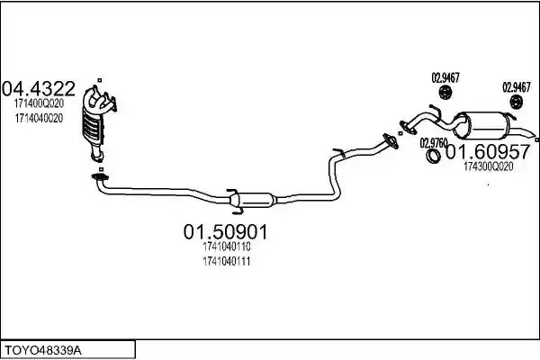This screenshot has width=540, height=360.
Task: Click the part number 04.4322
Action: [x=38, y=88]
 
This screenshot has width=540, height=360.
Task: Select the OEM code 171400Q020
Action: [x=39, y=103]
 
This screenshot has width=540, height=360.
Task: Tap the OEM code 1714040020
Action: [x=39, y=118]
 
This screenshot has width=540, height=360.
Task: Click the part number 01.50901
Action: [x=225, y=232]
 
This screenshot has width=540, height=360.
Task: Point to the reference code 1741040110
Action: [x=227, y=247]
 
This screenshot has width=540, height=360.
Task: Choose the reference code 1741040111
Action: [x=227, y=262]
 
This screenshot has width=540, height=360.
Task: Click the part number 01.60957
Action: [x=488, y=151]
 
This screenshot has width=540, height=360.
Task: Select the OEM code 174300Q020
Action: [x=489, y=166]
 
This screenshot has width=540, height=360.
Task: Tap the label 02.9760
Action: [x=433, y=143]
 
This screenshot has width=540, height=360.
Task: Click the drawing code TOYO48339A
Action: [x=43, y=351]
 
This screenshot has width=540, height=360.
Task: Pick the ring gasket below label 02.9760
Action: [x=433, y=156]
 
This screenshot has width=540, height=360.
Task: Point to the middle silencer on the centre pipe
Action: [x=254, y=199]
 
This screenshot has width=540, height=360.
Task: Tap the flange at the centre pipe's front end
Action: [x=100, y=177]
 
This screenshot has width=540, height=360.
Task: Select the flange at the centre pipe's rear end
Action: [x=391, y=141]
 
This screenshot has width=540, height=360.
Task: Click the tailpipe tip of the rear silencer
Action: [x=533, y=135]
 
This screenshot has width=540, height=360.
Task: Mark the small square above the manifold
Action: [x=100, y=80]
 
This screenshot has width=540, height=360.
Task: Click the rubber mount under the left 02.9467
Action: [x=445, y=93]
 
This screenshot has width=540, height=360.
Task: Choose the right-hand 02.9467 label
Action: [x=517, y=87]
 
